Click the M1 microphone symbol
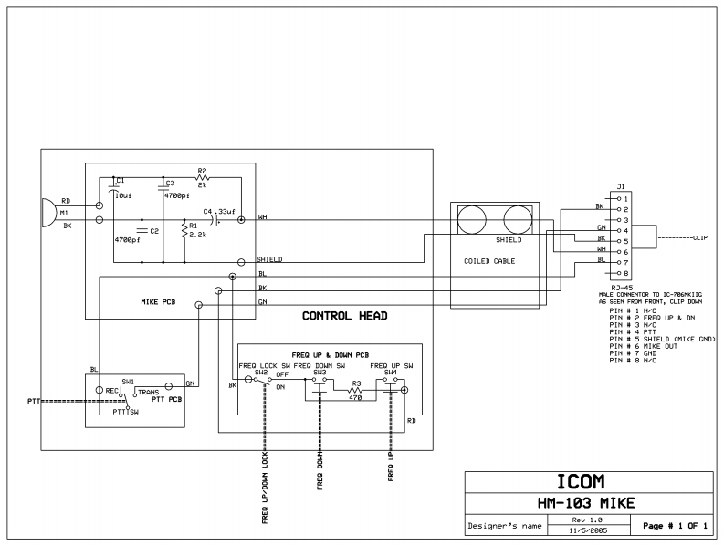(48, 212)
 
